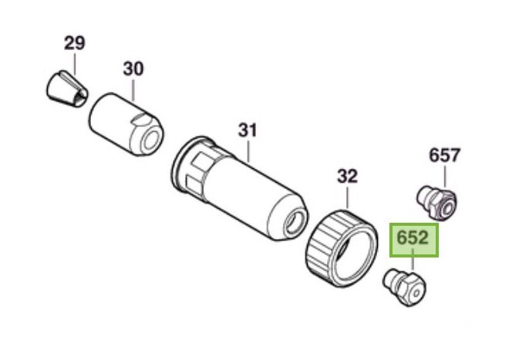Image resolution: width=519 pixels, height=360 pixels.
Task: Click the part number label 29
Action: [x=75, y=43]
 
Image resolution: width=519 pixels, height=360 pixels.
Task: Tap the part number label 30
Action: [x=133, y=69]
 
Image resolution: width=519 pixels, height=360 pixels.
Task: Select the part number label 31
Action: [x=248, y=130]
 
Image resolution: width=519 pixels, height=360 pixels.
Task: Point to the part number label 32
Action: [x=347, y=177]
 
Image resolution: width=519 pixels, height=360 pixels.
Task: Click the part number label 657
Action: [x=444, y=155]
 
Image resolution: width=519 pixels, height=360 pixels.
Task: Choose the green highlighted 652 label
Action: [x=414, y=240]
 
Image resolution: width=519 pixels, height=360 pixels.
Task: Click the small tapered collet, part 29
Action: [x=67, y=89]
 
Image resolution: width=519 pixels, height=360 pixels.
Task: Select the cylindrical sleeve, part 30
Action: [x=126, y=124]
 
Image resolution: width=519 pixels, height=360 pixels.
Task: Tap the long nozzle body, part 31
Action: [x=239, y=187]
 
